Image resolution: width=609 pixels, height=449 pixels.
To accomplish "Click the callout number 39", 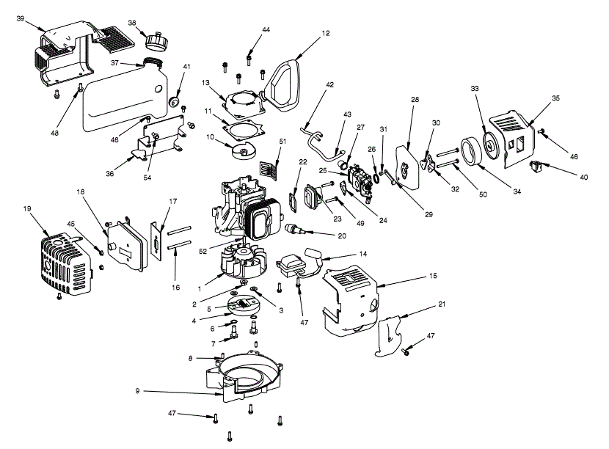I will pyautogui.click(x=21, y=18).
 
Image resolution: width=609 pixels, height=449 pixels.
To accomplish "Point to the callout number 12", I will pyautogui.click(x=326, y=33).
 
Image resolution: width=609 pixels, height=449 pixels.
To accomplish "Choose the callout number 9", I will pyautogui.click(x=137, y=391).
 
